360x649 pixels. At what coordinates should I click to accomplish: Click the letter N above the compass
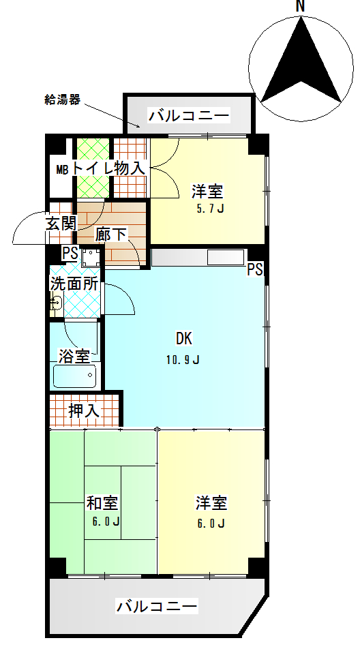pyautogui.click(x=301, y=5)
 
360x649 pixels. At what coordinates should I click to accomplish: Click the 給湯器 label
pyautogui.click(x=62, y=100)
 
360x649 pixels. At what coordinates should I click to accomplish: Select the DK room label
pyautogui.click(x=184, y=339)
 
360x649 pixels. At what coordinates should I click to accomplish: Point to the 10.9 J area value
pyautogui.click(x=183, y=360)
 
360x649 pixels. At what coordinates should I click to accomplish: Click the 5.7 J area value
pyautogui.click(x=210, y=208)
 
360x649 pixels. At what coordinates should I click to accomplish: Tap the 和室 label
pyautogui.click(x=102, y=503)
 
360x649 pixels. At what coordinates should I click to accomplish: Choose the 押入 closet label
pyautogui.click(x=84, y=410)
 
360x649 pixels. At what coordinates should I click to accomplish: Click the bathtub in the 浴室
pyautogui.click(x=74, y=376)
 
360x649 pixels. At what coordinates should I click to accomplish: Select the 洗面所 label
pyautogui.click(x=74, y=284)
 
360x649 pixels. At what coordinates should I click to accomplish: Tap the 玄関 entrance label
pyautogui.click(x=61, y=224)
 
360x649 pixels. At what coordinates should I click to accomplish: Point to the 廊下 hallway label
pyautogui.click(x=111, y=235)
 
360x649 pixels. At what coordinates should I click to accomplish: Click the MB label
pyautogui.click(x=63, y=169)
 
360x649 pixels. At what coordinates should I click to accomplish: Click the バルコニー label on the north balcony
pyautogui.click(x=189, y=115)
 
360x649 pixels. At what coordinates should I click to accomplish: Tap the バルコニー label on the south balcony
pyautogui.click(x=157, y=607)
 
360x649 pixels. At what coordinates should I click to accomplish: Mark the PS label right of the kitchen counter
pyautogui.click(x=255, y=269)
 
